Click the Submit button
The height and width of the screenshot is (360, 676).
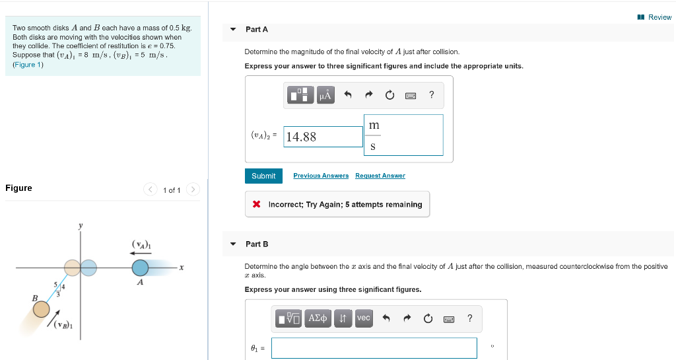(x=263, y=176)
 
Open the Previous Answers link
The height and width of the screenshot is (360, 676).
(x=321, y=176)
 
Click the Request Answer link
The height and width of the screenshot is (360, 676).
(x=380, y=176)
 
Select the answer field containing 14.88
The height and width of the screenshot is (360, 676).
(x=323, y=137)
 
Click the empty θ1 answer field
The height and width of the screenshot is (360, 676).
(x=374, y=348)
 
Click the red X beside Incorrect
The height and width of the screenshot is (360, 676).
(x=256, y=204)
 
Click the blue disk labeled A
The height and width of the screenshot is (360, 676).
(x=140, y=268)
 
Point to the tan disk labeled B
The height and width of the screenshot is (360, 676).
(x=42, y=309)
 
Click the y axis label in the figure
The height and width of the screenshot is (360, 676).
(x=81, y=226)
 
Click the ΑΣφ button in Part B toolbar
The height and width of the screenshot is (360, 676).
(x=319, y=318)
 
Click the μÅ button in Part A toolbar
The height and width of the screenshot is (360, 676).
(x=325, y=95)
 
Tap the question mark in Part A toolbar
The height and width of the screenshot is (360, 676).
(x=431, y=95)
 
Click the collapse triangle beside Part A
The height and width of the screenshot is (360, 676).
(x=233, y=29)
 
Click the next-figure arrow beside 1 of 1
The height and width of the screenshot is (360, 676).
(x=193, y=190)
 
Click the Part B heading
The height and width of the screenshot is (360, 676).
(x=257, y=244)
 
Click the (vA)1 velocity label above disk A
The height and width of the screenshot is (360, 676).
(x=141, y=245)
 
